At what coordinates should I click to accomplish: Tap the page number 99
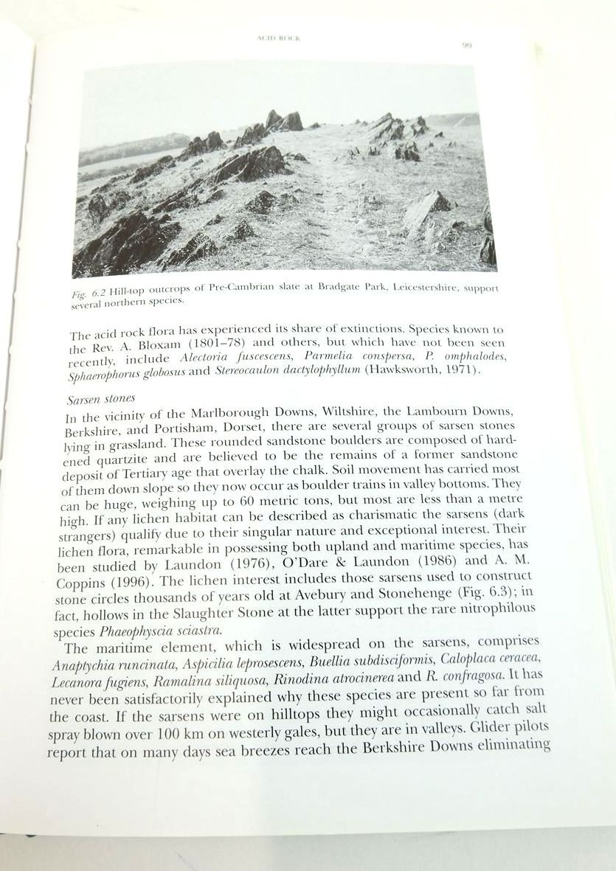(x=466, y=44)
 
